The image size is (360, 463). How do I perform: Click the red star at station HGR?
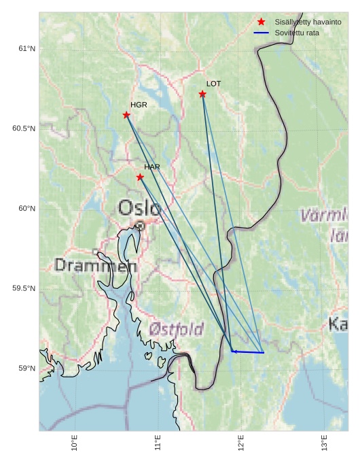(126, 115)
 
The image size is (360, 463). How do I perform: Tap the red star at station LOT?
(202, 94)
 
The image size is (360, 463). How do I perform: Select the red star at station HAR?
(140, 177)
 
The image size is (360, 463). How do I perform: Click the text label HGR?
(139, 105)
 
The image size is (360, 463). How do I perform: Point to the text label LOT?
(213, 84)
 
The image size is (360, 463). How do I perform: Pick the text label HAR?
(152, 167)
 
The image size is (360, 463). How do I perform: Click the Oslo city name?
(139, 208)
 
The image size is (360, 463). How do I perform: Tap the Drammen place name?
(96, 266)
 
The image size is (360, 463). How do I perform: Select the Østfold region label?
(176, 330)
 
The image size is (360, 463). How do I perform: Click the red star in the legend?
(261, 22)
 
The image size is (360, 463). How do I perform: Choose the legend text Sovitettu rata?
(297, 33)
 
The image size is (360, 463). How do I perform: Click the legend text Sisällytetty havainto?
(308, 22)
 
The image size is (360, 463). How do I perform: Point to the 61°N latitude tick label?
(26, 48)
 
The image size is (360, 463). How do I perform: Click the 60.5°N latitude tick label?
(24, 128)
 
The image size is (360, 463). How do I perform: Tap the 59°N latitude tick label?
(26, 368)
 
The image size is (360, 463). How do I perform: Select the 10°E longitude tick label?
(75, 443)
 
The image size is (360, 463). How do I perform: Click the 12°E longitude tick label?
(241, 443)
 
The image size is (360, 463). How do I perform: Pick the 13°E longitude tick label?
(325, 443)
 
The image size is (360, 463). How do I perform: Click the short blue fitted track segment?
(248, 352)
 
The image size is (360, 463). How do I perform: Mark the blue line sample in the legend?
(261, 33)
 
